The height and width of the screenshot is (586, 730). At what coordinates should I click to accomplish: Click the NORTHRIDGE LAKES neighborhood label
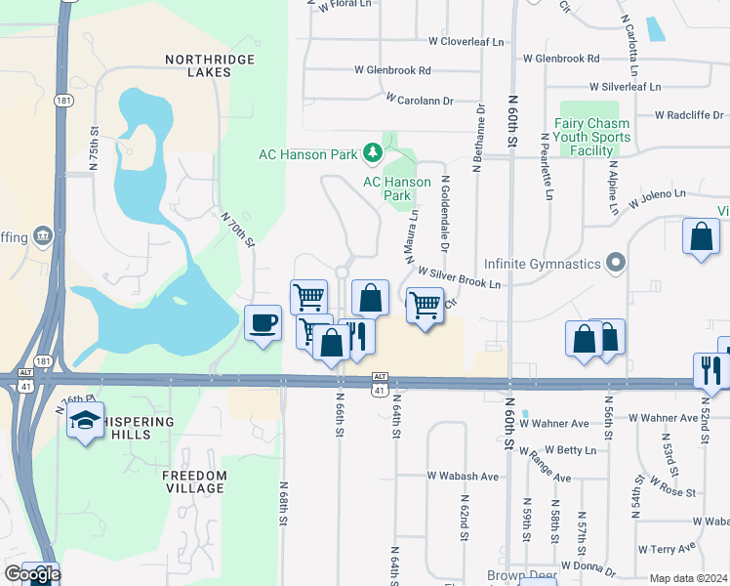pos(210,66)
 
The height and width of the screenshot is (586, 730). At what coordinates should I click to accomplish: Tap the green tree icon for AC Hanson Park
pos(372,152)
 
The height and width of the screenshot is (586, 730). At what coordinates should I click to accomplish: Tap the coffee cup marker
pos(263,322)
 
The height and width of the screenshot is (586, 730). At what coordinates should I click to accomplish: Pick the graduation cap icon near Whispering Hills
pos(85,421)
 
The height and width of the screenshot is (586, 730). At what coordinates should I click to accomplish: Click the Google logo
pos(32,573)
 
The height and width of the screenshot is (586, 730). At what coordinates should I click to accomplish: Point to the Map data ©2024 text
pos(688,578)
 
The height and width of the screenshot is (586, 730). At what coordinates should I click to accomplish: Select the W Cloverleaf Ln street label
pos(466,42)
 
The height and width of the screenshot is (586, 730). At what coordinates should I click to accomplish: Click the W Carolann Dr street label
pos(420,100)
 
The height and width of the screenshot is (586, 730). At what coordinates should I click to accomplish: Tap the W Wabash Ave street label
pos(463,477)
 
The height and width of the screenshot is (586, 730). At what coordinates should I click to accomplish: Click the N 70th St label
pos(237,230)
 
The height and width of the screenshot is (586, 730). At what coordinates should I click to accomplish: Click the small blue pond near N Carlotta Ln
pos(655,28)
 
